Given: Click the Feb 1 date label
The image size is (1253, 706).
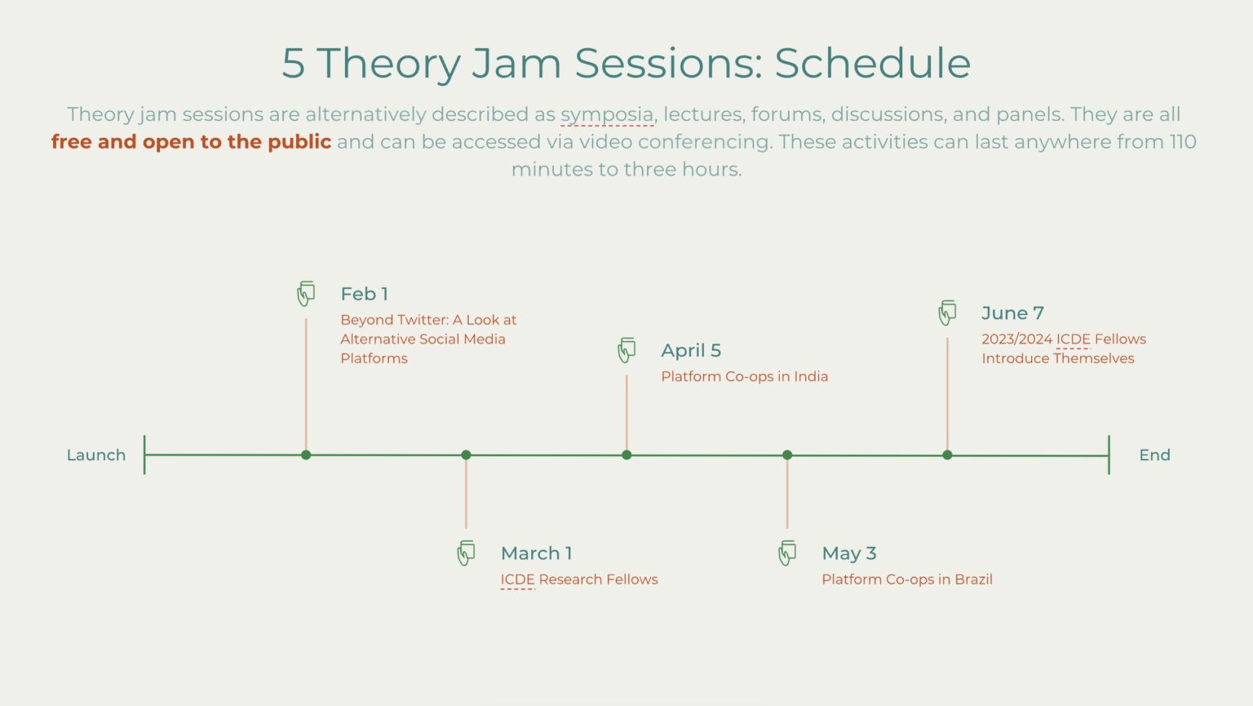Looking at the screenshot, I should [364, 294].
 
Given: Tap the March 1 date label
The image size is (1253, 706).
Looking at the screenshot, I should [536, 553].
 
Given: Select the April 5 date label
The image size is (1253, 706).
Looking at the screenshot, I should [691, 350].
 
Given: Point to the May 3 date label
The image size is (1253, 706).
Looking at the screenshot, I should [848, 553].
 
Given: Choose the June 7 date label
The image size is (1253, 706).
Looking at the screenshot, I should [1012, 313].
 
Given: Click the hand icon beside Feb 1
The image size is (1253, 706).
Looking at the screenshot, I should [306, 293].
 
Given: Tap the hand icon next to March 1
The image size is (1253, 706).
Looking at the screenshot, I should [466, 553].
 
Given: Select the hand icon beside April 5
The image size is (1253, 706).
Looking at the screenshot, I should [626, 350].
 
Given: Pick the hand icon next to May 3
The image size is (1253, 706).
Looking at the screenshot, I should [787, 553].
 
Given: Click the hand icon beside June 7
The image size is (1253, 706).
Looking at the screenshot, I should [947, 313].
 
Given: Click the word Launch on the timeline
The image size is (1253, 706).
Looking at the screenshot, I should [96, 455].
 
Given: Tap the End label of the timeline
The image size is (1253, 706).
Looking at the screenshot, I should [1154, 455].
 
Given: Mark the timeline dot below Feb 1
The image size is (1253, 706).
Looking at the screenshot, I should [306, 455].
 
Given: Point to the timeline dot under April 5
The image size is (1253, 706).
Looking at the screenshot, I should [626, 455].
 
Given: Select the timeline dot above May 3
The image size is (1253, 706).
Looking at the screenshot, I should [787, 455].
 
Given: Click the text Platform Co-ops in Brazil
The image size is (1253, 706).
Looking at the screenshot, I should [906, 579].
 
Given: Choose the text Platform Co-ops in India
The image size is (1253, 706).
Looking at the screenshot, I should [744, 376].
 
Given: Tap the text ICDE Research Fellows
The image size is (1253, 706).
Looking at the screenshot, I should [578, 579].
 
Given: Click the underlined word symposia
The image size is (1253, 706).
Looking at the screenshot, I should [606, 114].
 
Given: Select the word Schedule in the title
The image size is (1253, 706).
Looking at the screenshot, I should [872, 63].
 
